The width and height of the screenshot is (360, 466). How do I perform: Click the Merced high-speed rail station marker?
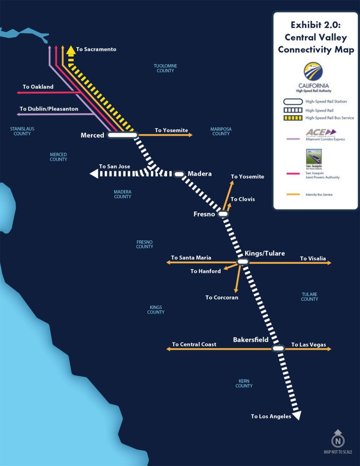click(122, 135)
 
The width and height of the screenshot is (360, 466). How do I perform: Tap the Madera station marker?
click(179, 174)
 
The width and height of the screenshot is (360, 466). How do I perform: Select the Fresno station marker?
click(223, 213)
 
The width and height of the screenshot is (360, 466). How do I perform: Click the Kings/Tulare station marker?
click(243, 262)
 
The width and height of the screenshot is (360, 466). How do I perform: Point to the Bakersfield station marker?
click(278, 349)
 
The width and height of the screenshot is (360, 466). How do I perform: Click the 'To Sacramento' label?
click(96, 49)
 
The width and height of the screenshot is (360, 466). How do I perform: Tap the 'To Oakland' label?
click(38, 86)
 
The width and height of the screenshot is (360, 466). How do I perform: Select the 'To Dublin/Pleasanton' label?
click(49, 109)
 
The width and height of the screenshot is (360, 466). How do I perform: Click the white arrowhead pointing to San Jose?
click(95, 173)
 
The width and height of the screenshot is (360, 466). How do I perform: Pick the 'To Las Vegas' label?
click(309, 345)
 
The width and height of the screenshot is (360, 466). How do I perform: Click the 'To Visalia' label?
click(313, 258)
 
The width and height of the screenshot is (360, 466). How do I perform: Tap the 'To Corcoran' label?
click(222, 298)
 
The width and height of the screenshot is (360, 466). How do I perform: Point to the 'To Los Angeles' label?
click(271, 416)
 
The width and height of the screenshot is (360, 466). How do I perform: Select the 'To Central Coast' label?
click(194, 344)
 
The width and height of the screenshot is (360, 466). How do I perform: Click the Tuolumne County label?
click(165, 68)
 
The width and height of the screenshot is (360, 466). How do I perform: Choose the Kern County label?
click(244, 384)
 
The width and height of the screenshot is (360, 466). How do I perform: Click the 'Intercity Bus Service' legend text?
click(319, 195)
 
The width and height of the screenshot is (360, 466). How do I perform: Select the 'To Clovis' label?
click(243, 199)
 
